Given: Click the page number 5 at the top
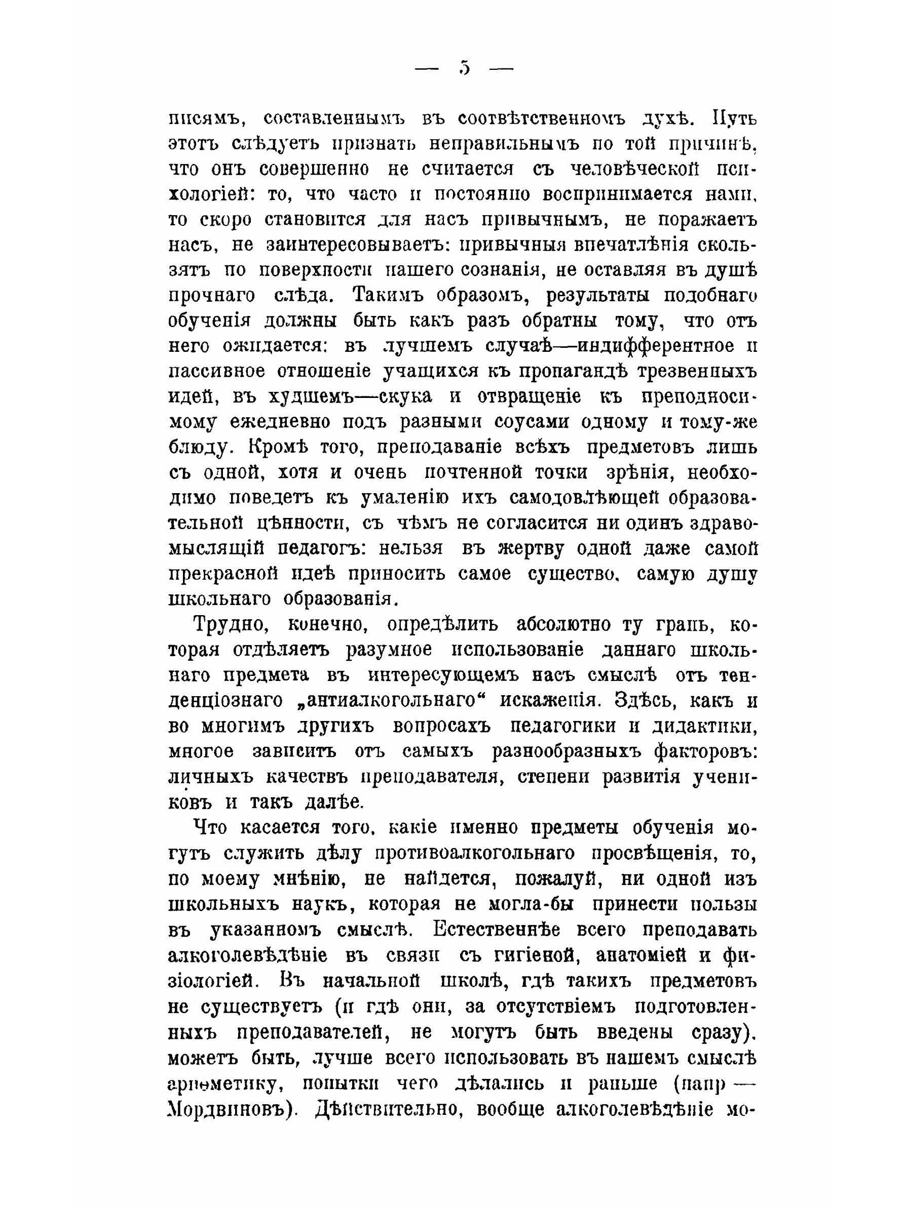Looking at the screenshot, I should (x=464, y=68).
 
